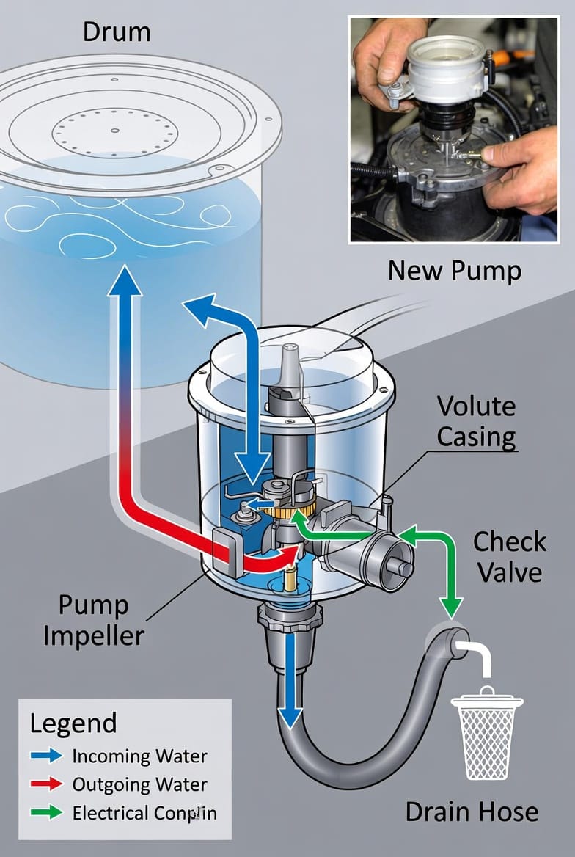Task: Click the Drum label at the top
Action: pos(117,32)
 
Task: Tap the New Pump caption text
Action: pos(454,270)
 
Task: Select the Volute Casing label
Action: pos(476,422)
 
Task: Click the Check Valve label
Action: pos(510,557)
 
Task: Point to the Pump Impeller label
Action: pos(93,620)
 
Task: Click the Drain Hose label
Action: pos(472,812)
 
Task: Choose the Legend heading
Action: pos(73,723)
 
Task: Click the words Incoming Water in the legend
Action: pos(139,756)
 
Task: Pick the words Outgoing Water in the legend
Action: pos(139,784)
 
